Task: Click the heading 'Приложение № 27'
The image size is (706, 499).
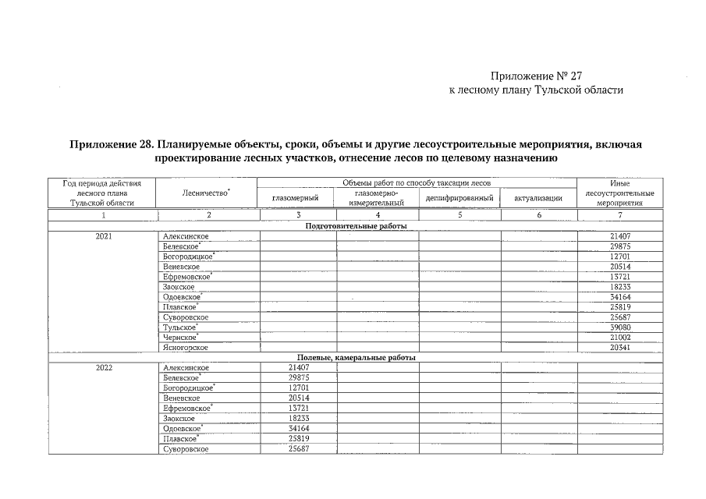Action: point(536,76)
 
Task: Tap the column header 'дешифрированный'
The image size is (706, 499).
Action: point(459,198)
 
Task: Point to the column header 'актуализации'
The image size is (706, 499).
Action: point(538,198)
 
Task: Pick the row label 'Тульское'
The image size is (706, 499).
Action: point(179,327)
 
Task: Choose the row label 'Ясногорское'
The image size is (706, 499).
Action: point(186,348)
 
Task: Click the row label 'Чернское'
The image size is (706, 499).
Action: point(179,338)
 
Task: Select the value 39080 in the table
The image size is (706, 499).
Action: point(621,327)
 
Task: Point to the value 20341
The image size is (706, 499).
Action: point(621,348)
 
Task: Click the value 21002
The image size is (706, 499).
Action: point(621,338)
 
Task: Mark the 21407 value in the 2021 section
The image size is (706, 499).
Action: point(621,235)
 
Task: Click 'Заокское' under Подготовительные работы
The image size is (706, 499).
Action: point(179,287)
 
